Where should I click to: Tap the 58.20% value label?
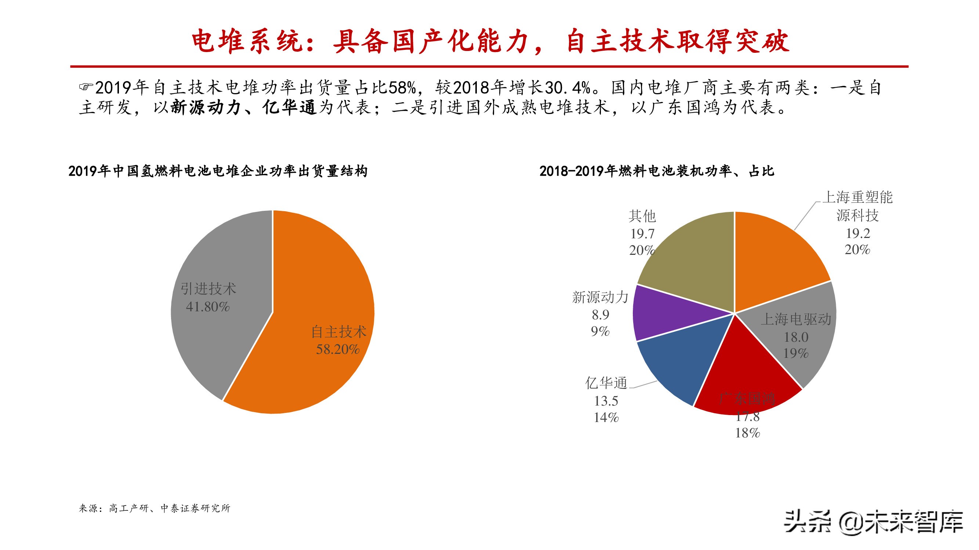[x=338, y=349]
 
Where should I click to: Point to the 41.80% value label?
[x=208, y=307]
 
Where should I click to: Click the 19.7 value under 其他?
[x=642, y=234]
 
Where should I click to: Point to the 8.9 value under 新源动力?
[x=601, y=315]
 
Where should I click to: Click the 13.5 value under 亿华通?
[x=606, y=401]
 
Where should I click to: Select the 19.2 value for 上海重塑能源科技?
[x=858, y=233]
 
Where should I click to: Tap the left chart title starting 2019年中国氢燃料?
[x=218, y=171]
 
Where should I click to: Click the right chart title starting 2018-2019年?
[x=657, y=171]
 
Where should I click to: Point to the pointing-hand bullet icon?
[x=86, y=87]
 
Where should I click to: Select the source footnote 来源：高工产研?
[x=154, y=508]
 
